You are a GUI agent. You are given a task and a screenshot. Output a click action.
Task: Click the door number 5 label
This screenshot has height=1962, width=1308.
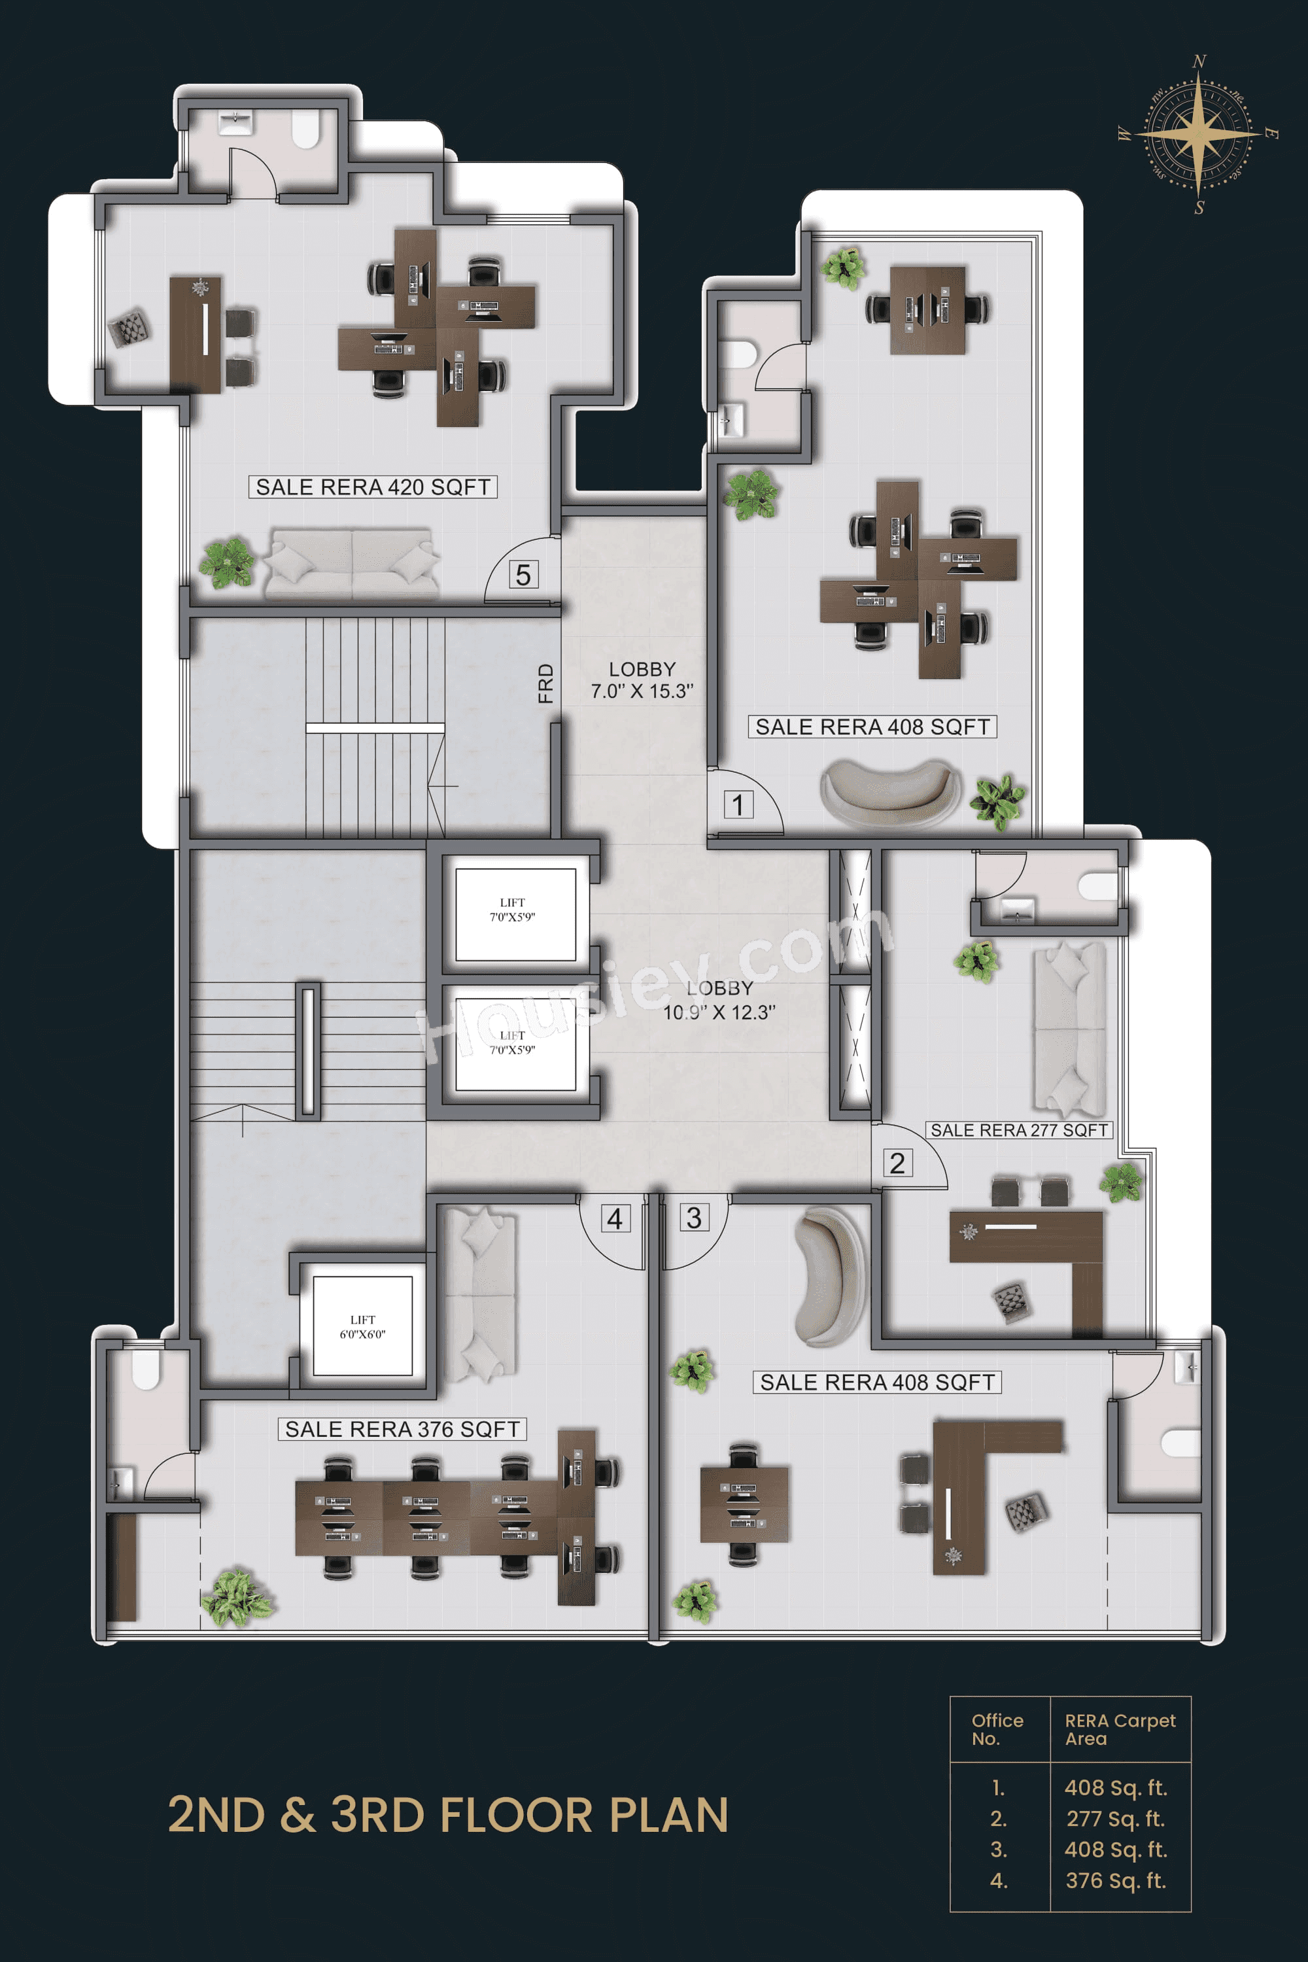pos(523,575)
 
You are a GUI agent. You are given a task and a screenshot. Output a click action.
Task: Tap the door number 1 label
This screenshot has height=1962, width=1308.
pos(738,805)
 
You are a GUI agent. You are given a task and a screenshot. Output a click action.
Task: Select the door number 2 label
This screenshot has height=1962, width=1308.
pos(897,1163)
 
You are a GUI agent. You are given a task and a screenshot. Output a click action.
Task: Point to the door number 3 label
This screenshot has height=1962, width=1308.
pos(694,1218)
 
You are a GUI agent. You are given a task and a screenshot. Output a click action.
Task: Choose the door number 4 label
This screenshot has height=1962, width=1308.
pos(615,1219)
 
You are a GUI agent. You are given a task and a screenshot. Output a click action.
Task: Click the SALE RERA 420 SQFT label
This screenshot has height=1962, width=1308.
pos(373,487)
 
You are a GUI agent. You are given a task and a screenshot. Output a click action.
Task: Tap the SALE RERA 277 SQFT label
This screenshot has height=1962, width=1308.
pos(1018,1130)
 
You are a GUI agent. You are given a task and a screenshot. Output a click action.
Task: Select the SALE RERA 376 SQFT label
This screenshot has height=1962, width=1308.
pos(402,1429)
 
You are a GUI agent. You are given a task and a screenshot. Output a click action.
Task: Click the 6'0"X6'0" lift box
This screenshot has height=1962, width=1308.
pos(363,1326)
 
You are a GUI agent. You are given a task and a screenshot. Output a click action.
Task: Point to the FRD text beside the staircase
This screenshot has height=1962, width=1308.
pos(545,683)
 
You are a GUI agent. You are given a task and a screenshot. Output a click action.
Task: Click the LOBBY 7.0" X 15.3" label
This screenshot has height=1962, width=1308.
pos(642,680)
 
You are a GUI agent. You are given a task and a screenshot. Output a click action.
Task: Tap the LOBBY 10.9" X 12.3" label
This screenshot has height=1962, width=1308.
pos(719,1000)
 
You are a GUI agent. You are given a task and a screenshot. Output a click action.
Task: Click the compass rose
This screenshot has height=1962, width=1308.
pos(1199,133)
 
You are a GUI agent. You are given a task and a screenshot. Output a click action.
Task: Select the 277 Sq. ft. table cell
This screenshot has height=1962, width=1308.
pos(1115,1819)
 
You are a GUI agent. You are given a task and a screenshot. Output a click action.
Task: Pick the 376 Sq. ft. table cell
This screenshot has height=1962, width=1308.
pos(1115,1880)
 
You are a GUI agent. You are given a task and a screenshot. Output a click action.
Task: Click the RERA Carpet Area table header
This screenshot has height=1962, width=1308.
pos(1120,1729)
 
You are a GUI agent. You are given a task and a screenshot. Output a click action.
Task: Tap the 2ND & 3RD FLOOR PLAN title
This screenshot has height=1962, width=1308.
pos(448,1816)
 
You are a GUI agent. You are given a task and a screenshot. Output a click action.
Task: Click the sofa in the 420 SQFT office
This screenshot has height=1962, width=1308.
pos(352,563)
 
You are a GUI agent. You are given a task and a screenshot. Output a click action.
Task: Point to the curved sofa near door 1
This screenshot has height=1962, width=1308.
pos(889,793)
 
